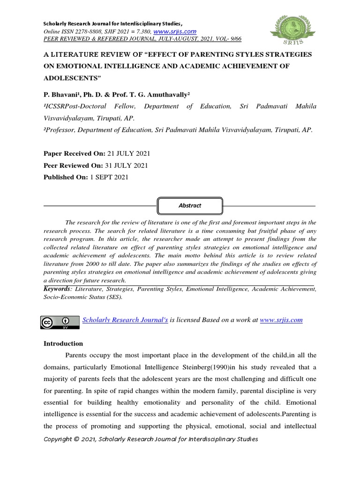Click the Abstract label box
coord(190,205)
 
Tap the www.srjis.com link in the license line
coord(281,320)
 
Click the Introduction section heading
coord(63,344)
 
